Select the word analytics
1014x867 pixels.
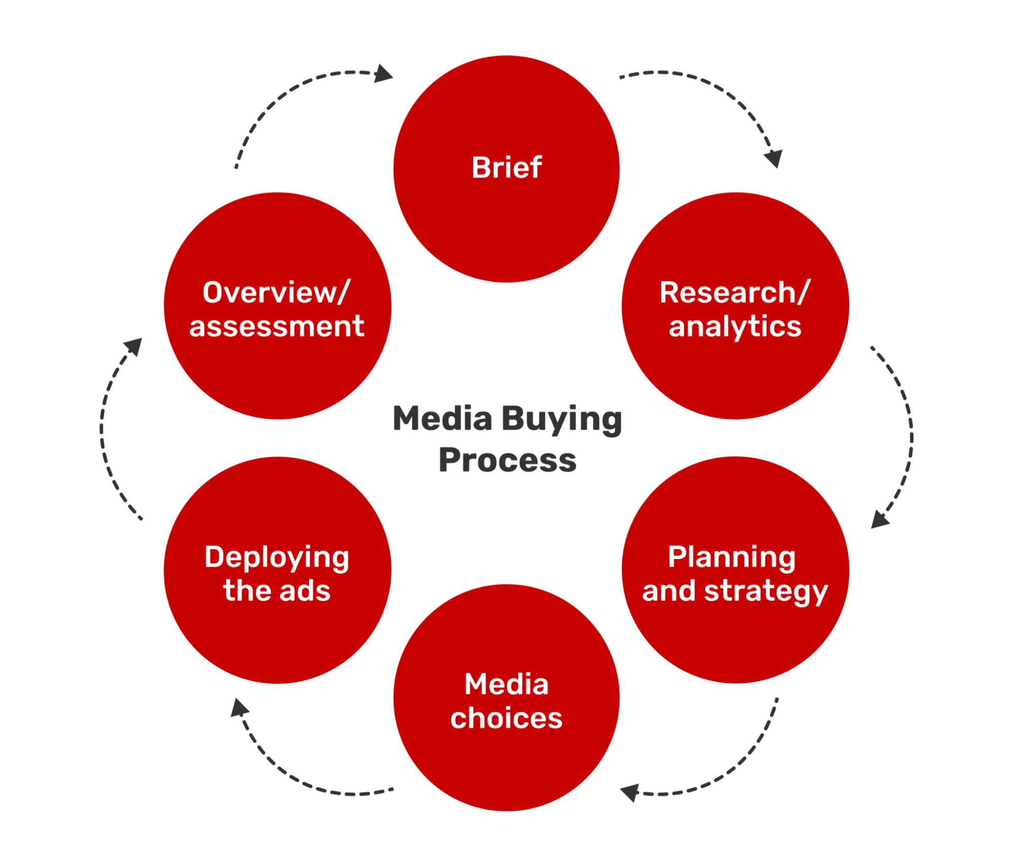tap(735, 326)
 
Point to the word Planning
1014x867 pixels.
tap(731, 558)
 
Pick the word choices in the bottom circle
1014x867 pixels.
tap(506, 718)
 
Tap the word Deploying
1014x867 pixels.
tap(277, 558)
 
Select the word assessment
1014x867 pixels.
tap(277, 326)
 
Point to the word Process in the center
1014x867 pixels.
tap(507, 460)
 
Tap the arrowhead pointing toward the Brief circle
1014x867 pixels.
tap(383, 74)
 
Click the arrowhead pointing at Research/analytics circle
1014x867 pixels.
tap(774, 159)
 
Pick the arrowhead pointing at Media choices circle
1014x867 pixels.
tap(630, 792)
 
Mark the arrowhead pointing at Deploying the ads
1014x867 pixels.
tap(239, 708)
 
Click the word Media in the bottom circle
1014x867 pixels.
tap(506, 684)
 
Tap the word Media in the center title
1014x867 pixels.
tap(442, 419)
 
